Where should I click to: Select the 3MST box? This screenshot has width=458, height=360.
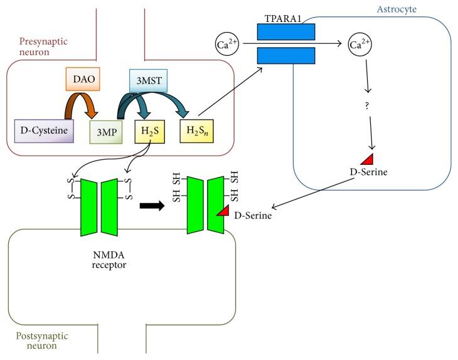tap(147, 79)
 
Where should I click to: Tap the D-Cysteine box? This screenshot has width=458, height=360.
tap(44, 130)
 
